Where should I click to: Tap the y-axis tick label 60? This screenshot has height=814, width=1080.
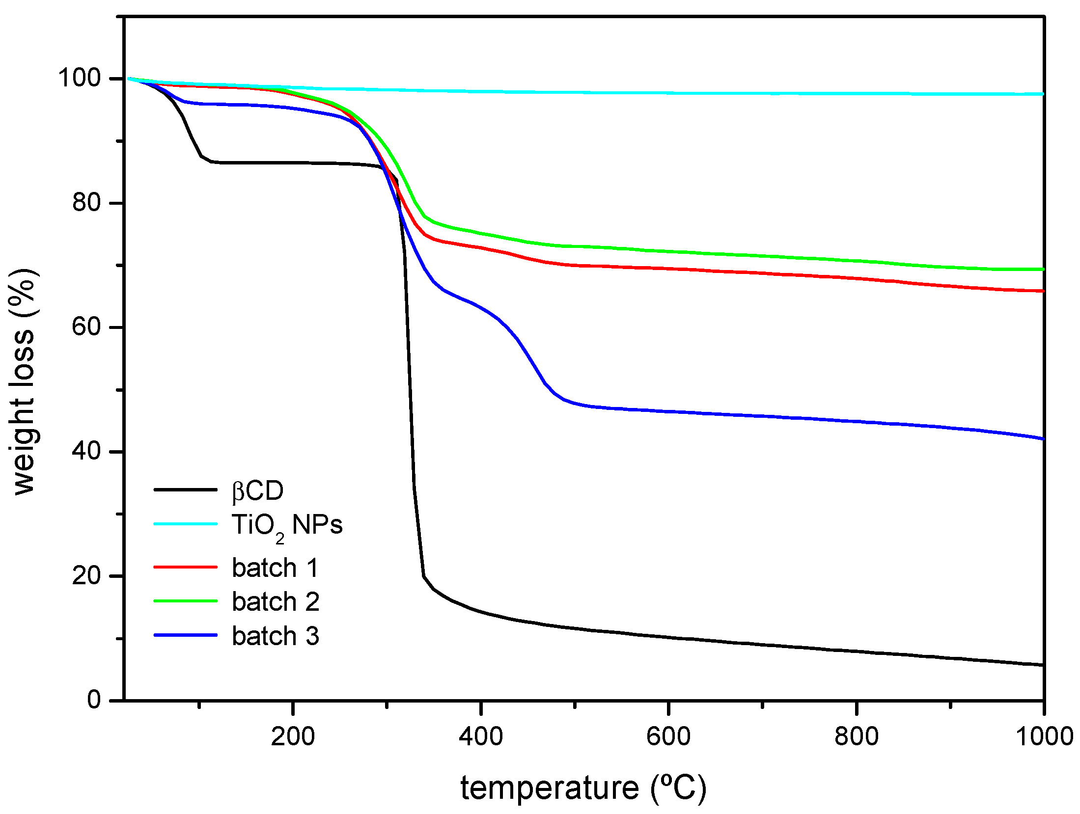pyautogui.click(x=86, y=326)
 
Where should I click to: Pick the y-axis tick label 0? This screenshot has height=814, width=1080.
pyautogui.click(x=94, y=699)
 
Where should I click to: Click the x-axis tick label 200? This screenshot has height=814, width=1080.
pyautogui.click(x=293, y=736)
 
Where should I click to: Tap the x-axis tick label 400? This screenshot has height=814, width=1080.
pyautogui.click(x=481, y=736)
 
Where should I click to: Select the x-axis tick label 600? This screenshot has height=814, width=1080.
pyautogui.click(x=668, y=736)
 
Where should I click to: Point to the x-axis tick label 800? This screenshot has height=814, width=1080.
pyautogui.click(x=857, y=736)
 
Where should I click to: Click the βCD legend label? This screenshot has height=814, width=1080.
pyautogui.click(x=257, y=490)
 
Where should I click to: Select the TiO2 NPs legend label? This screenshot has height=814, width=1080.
pyautogui.click(x=287, y=526)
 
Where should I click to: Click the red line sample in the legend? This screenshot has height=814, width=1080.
pyautogui.click(x=186, y=567)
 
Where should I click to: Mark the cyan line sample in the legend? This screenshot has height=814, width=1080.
pyautogui.click(x=186, y=524)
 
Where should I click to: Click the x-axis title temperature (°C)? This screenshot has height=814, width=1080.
pyautogui.click(x=583, y=788)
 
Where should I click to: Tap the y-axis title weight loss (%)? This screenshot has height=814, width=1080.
pyautogui.click(x=24, y=381)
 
